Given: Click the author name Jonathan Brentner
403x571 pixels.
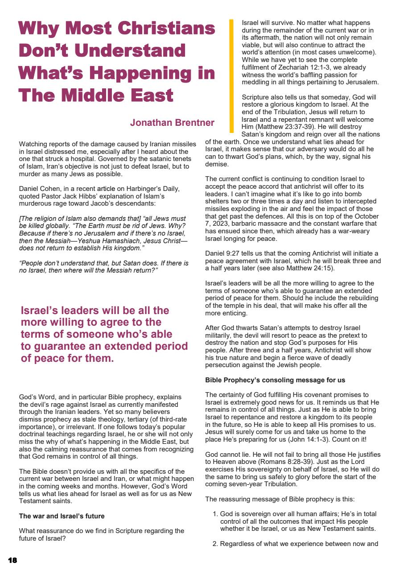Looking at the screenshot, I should tap(172, 123).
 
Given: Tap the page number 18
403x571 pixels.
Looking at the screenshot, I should tap(12, 560).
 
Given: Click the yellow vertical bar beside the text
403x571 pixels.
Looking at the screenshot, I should tap(231, 76).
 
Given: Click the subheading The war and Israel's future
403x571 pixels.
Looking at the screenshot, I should tap(62, 516).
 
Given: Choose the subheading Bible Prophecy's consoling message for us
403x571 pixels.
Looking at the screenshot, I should tap(275, 381).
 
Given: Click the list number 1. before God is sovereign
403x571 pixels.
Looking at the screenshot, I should tap(216, 514).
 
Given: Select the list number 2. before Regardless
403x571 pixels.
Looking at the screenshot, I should tap(216, 544).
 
